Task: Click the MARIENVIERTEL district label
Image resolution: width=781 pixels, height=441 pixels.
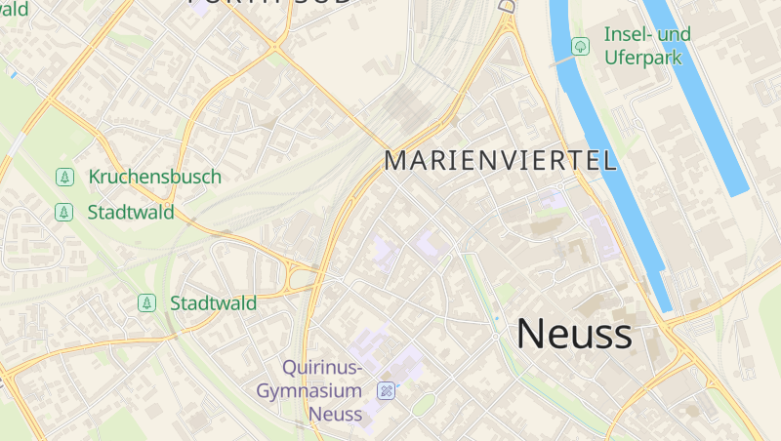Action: click(x=501, y=161)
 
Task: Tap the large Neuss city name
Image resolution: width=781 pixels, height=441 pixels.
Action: click(x=574, y=334)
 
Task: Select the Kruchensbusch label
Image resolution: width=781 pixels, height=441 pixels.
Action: click(x=154, y=177)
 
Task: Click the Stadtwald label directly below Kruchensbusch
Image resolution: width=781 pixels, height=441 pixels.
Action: click(x=131, y=212)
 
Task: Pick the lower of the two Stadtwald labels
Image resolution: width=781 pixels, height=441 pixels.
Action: click(x=213, y=303)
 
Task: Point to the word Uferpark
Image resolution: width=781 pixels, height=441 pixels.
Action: click(x=642, y=57)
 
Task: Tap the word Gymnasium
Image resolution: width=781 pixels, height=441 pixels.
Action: click(x=309, y=390)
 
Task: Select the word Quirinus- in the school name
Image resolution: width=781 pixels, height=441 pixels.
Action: click(x=322, y=368)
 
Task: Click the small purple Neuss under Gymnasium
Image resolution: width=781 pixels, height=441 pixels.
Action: click(x=335, y=414)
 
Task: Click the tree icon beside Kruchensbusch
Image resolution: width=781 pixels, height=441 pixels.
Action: click(x=64, y=178)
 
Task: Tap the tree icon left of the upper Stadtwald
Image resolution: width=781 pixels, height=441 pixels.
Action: click(x=64, y=212)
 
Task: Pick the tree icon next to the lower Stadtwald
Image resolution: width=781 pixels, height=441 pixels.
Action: click(x=146, y=303)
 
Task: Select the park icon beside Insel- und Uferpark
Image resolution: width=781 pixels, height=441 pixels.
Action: click(x=580, y=46)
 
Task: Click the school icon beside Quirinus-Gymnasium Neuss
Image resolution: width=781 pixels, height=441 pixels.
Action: click(x=387, y=390)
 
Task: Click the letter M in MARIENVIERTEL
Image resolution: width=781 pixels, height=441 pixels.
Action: click(x=395, y=161)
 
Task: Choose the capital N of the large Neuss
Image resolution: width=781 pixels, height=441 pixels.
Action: click(x=530, y=334)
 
